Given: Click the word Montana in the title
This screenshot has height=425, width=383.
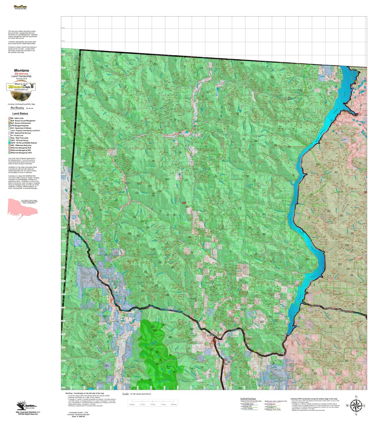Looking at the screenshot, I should (x=21, y=71).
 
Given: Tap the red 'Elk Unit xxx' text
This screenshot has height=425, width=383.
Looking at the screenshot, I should (x=21, y=74).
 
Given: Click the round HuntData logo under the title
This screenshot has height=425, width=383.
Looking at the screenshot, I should (x=21, y=88).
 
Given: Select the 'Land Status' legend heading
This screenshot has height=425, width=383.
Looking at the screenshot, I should (x=20, y=114).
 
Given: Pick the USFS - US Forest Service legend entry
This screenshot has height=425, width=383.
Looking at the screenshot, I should (x=19, y=141).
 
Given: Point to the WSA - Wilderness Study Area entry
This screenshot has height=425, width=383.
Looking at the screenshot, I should (x=21, y=145).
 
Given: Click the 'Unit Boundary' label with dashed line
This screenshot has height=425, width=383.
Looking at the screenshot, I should (x=17, y=108).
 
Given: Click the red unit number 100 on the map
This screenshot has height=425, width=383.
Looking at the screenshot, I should (x=184, y=203).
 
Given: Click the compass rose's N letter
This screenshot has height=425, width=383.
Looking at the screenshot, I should (x=356, y=397).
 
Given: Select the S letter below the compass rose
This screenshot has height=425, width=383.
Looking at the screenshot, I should (x=356, y=415).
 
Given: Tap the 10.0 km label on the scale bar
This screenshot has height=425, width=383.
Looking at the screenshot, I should (x=174, y=404).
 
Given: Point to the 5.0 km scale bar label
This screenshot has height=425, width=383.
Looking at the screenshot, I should (x=153, y=404).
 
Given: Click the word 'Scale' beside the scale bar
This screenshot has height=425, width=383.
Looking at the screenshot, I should (x=126, y=394).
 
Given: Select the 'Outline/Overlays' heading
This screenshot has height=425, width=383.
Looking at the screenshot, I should (x=248, y=399).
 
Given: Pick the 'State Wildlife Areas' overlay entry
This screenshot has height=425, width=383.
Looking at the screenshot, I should (x=247, y=404).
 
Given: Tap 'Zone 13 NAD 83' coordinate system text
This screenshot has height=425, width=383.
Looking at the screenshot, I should (x=79, y=417).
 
